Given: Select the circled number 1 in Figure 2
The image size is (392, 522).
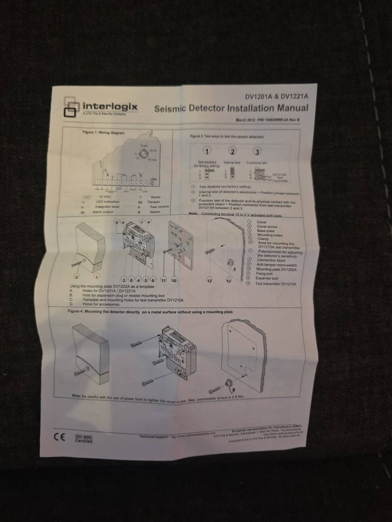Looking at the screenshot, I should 207,151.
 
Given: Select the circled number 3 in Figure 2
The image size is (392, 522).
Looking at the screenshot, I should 257,152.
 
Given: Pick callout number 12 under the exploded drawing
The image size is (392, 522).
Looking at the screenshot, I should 210,281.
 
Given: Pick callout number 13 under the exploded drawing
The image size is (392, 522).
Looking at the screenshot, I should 228,281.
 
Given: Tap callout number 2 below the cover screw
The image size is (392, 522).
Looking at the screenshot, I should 76,276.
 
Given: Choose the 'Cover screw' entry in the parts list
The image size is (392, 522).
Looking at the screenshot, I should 268,226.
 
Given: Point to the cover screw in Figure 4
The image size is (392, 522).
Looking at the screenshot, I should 83,372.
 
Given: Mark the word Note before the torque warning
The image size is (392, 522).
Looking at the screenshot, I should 76,397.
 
